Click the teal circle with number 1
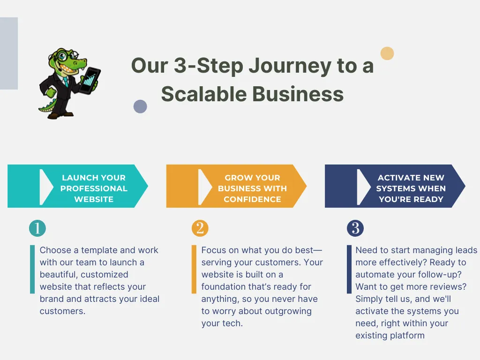(37, 229)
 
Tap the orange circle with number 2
(200, 229)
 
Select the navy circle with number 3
(355, 229)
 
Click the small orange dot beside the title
(387, 53)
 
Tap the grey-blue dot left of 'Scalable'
(140, 106)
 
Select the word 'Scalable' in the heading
(204, 94)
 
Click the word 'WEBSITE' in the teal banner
(94, 199)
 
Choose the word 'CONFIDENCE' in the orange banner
(252, 199)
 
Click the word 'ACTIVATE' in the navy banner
(397, 178)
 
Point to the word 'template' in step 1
(95, 250)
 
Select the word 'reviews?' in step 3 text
(449, 287)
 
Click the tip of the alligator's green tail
(40, 110)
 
